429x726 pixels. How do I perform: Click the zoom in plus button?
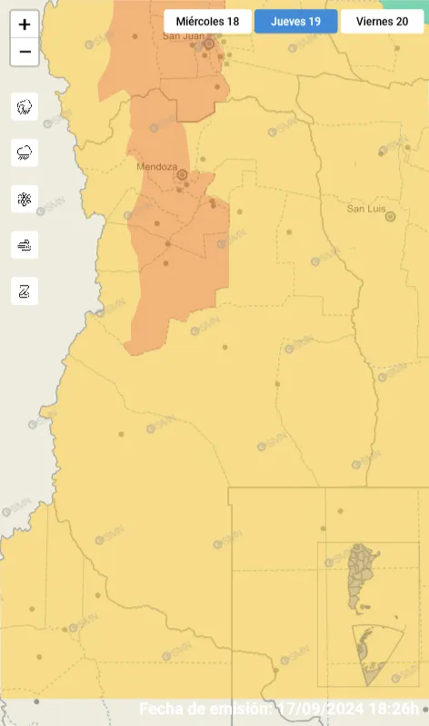click(25, 25)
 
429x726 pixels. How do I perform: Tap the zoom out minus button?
click(25, 52)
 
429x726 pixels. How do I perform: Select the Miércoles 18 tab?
click(208, 21)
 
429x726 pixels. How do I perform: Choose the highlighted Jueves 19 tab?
click(295, 21)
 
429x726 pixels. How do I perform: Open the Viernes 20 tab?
click(382, 21)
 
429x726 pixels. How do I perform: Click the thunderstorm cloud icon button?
click(25, 106)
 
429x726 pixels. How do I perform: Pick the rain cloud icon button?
click(25, 152)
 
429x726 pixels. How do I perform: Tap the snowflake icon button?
click(25, 199)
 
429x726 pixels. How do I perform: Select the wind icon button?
click(25, 244)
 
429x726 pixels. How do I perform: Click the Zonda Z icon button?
click(25, 290)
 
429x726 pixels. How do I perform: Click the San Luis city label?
click(366, 209)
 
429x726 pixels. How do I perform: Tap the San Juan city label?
click(182, 36)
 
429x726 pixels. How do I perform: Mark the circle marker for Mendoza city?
click(182, 174)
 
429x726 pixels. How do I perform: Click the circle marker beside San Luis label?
click(391, 217)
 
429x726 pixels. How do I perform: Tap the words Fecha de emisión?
click(205, 709)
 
